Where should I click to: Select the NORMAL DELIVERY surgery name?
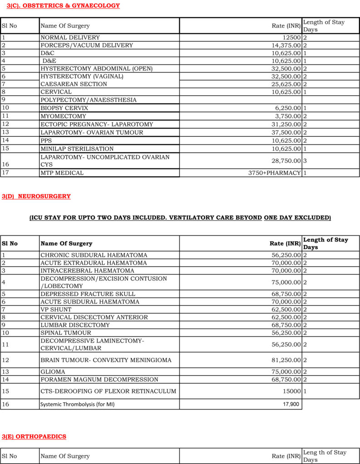(70, 38)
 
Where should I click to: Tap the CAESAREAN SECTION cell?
(73, 84)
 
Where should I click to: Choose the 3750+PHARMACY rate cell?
(274, 173)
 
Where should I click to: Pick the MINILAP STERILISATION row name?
(77, 149)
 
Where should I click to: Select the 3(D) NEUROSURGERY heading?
(36, 196)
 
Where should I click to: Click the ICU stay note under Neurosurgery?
(180, 218)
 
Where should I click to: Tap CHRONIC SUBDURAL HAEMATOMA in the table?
(94, 256)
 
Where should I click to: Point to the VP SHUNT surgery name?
(56, 309)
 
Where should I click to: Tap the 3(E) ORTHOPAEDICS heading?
(34, 436)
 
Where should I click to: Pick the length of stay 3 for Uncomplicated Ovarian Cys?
(305, 161)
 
